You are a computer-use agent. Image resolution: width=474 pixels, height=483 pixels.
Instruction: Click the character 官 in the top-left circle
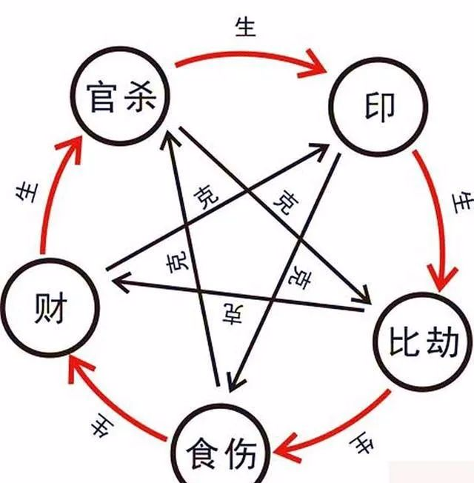101,96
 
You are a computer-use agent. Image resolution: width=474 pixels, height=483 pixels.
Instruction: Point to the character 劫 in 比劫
442,341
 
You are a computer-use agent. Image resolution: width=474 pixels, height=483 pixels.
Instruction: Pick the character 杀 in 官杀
141,96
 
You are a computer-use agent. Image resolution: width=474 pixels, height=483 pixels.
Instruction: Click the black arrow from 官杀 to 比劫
275,216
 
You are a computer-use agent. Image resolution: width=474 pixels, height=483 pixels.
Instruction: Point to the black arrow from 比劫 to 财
238,295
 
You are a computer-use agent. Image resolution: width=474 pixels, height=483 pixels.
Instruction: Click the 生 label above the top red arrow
245,27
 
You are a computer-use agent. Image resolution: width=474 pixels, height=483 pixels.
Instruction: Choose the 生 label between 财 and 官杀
27,193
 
